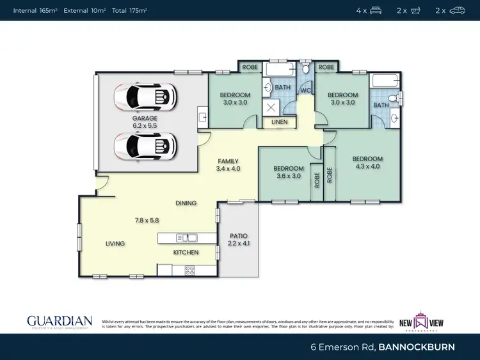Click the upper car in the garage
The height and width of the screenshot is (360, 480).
coord(145,97)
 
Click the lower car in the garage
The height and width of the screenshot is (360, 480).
coord(145,146)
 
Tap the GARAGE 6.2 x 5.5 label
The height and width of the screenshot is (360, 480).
coord(145,122)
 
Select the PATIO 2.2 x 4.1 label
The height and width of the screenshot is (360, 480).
coord(238,240)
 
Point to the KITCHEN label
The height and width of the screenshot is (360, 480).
coord(186,253)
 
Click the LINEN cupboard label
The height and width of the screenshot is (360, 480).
coord(280,121)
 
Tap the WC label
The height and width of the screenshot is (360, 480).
coord(306,91)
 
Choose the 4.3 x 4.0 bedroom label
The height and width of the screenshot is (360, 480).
coord(367,162)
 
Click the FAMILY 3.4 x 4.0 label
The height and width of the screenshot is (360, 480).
coord(228,165)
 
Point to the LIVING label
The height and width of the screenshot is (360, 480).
coord(115,244)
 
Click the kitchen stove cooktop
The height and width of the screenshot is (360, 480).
coord(189,270)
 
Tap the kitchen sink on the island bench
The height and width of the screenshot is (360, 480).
coord(188,238)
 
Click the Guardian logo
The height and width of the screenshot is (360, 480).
coord(59,322)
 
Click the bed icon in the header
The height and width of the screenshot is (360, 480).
coord(376,10)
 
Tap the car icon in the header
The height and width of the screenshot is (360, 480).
coord(457,10)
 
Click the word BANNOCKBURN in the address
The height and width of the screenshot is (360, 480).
coord(417,347)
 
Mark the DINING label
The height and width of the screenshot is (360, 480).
coord(186,203)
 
